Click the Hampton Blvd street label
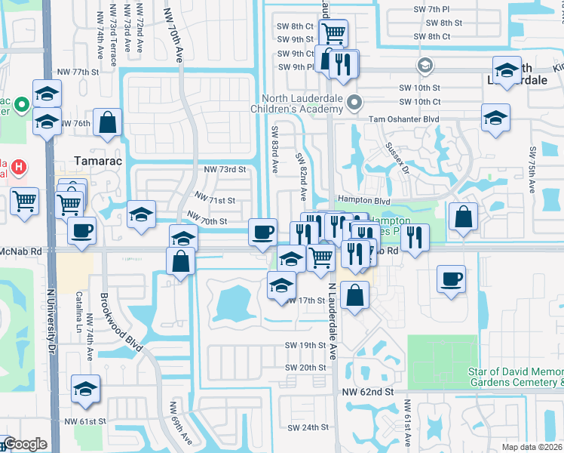(x=363, y=201)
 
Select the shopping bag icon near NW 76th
(x=109, y=122)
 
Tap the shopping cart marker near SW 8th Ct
(x=333, y=32)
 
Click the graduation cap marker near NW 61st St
(x=86, y=389)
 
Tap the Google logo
(x=24, y=444)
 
